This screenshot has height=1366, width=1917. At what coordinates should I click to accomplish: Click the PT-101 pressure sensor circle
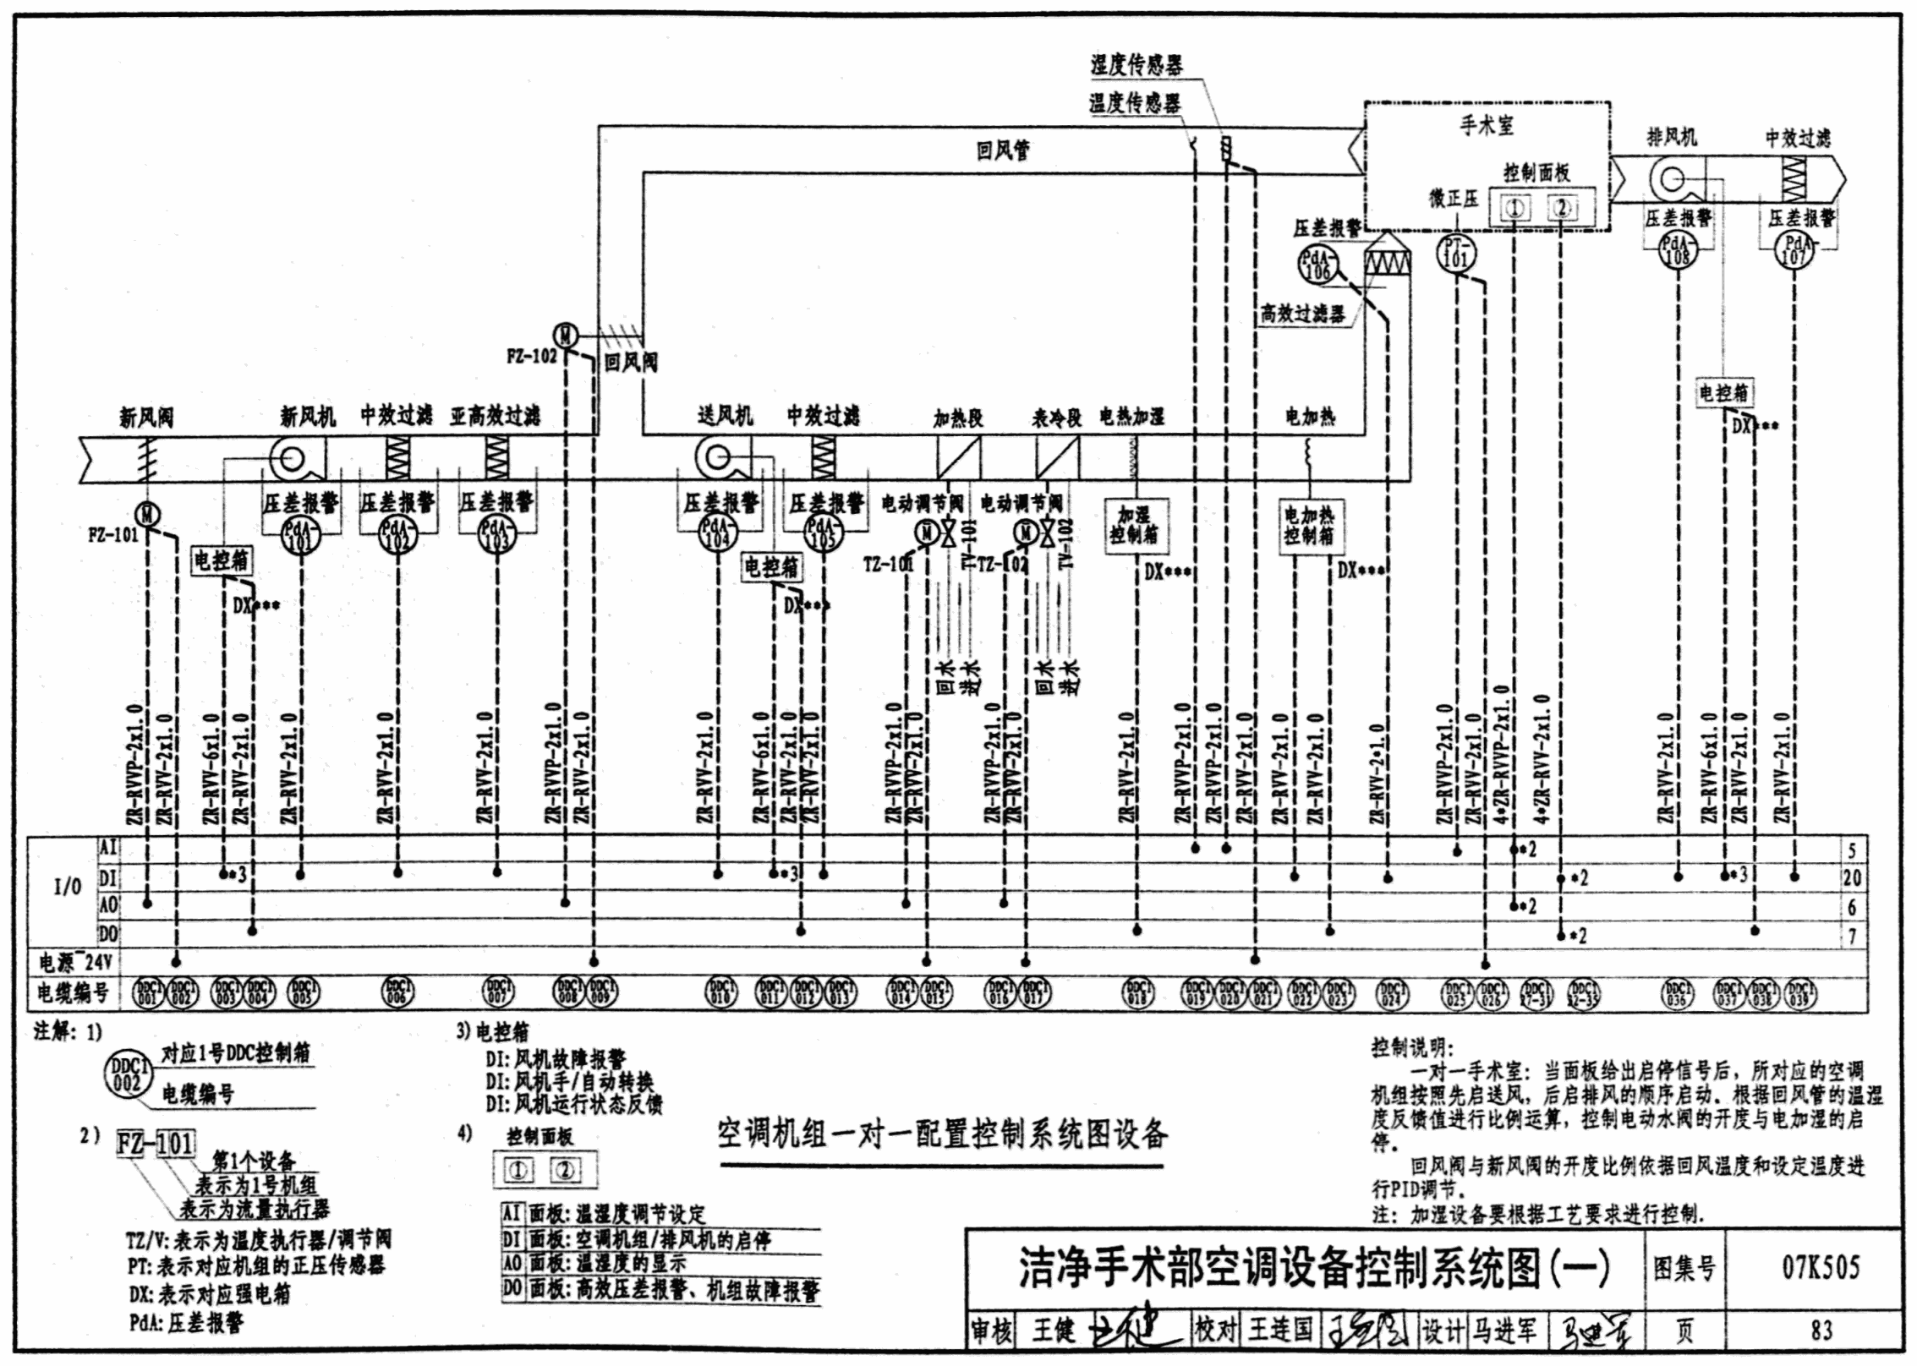pyautogui.click(x=1455, y=253)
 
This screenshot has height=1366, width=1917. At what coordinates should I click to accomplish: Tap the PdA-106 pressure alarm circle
pyautogui.click(x=1317, y=264)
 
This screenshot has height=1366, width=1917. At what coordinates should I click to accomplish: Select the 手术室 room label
pyautogui.click(x=1486, y=126)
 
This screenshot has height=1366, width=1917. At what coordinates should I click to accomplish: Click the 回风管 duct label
pyautogui.click(x=1003, y=151)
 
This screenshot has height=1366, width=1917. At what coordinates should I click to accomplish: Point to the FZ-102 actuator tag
pyautogui.click(x=531, y=357)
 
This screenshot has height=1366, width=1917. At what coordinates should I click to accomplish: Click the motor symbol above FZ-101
pyautogui.click(x=148, y=513)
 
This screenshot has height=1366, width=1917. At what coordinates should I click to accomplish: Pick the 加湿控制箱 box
pyautogui.click(x=1134, y=525)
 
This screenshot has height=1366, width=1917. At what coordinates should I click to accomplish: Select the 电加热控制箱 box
pyautogui.click(x=1308, y=525)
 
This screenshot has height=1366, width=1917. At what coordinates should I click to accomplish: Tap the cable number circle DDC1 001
pyautogui.click(x=149, y=992)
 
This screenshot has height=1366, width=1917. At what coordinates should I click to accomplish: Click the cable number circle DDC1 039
pyautogui.click(x=1799, y=992)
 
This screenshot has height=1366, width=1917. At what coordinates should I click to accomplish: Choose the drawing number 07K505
pyautogui.click(x=1821, y=1267)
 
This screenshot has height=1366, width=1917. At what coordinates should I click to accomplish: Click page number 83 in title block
pyautogui.click(x=1821, y=1330)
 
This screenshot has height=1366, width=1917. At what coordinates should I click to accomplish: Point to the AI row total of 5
pyautogui.click(x=1851, y=850)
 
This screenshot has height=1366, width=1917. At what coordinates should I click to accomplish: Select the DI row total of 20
pyautogui.click(x=1851, y=878)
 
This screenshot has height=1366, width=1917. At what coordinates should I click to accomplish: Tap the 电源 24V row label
pyautogui.click(x=75, y=962)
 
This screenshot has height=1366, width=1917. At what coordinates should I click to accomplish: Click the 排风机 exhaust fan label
pyautogui.click(x=1671, y=137)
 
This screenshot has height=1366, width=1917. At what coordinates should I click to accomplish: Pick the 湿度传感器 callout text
pyautogui.click(x=1136, y=65)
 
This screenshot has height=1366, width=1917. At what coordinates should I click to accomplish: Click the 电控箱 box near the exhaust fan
pyautogui.click(x=1724, y=392)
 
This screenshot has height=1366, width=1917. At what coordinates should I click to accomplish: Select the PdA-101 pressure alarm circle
pyautogui.click(x=302, y=533)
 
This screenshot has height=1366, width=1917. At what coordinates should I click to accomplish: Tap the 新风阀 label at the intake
pyautogui.click(x=145, y=417)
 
